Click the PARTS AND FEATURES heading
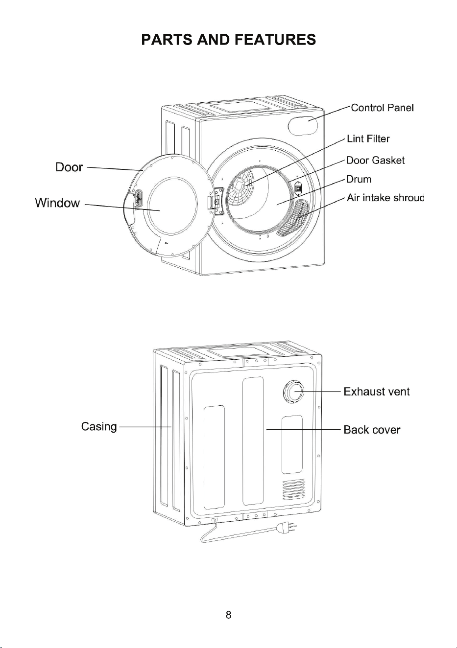(x=228, y=40)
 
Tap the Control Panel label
(x=382, y=108)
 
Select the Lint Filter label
(x=368, y=139)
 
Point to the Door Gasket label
(x=375, y=160)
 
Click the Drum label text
(x=359, y=179)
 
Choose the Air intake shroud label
(x=385, y=198)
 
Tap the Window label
(x=57, y=203)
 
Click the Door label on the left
(x=69, y=167)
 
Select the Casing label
(x=99, y=427)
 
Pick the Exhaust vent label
(x=377, y=392)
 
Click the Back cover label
(x=372, y=430)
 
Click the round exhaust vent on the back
(x=293, y=392)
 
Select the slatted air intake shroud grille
(x=293, y=217)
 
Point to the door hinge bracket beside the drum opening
(x=216, y=201)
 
